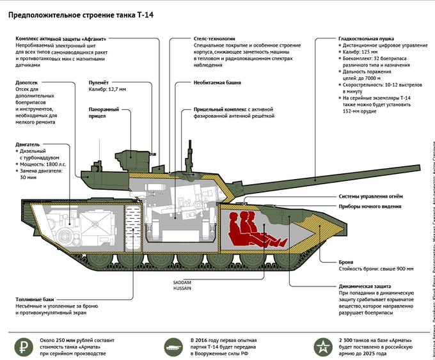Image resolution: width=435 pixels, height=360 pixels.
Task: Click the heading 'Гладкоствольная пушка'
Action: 366,38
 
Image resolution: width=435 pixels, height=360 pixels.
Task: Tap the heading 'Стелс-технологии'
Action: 214,38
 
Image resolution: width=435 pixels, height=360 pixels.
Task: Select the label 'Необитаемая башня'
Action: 217,82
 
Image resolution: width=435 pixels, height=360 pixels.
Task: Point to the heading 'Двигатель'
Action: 28,145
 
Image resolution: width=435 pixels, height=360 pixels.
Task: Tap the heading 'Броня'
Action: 346,262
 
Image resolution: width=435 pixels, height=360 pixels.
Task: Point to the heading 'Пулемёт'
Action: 99,82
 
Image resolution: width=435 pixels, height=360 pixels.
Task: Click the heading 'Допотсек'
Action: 29,82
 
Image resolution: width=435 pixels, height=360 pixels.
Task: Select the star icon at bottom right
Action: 321,346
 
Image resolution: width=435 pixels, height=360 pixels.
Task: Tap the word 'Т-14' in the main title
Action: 145,14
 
